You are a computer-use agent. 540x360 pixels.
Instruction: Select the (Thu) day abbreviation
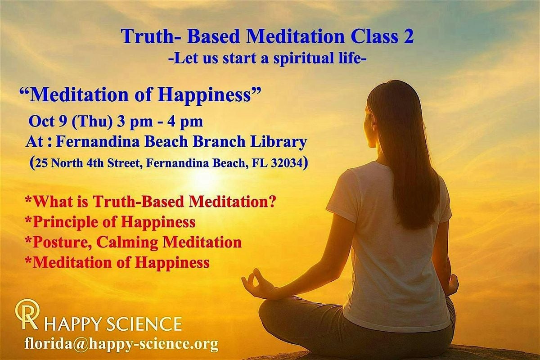coord(92,121)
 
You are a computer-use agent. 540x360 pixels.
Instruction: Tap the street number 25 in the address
coord(42,163)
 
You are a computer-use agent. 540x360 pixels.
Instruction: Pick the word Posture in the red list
coord(63,243)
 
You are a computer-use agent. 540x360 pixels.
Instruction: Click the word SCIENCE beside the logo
coord(144,324)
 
